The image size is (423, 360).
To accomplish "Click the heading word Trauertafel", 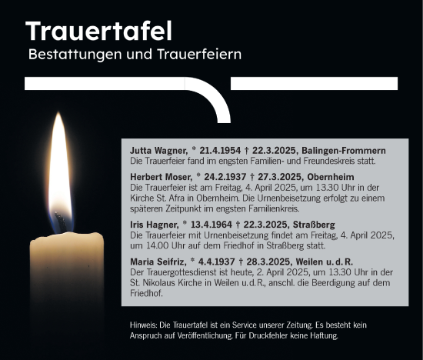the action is (x=98, y=32).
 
